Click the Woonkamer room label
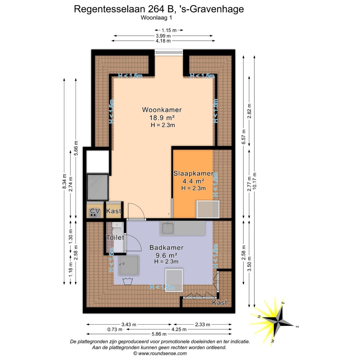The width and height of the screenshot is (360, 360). pyautogui.click(x=162, y=110)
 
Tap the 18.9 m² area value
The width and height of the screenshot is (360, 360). pyautogui.click(x=162, y=118)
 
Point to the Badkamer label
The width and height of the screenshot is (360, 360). pyautogui.click(x=166, y=248)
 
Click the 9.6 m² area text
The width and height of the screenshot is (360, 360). pyautogui.click(x=166, y=255)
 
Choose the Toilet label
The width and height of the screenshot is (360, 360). pyautogui.click(x=115, y=238)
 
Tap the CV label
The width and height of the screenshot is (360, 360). pyautogui.click(x=95, y=211)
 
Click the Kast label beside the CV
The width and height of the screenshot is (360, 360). pyautogui.click(x=114, y=211)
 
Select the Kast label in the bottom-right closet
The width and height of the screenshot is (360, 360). pyautogui.click(x=220, y=303)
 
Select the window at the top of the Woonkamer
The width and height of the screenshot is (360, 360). pyautogui.click(x=169, y=52)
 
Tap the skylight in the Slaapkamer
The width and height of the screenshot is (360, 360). pyautogui.click(x=208, y=209)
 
